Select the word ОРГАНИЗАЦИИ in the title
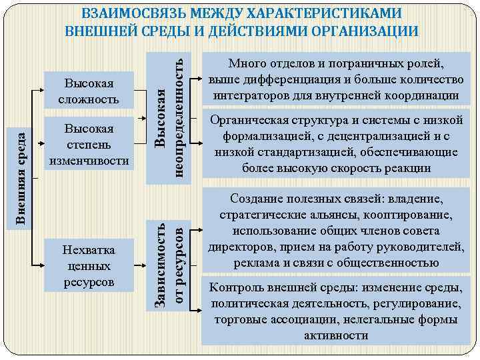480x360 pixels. tap(359, 31)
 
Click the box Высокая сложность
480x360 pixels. tap(89, 91)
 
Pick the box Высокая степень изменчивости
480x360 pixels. tap(89, 145)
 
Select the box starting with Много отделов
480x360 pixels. tap(336, 80)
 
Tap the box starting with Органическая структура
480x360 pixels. tap(336, 144)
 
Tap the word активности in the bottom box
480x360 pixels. tap(336, 335)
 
